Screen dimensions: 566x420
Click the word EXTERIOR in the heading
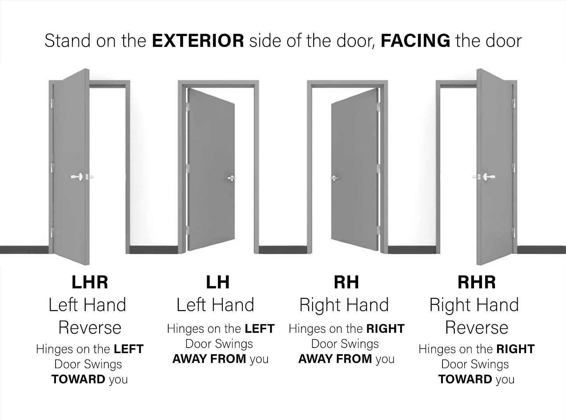click(198, 41)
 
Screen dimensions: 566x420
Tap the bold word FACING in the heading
click(416, 41)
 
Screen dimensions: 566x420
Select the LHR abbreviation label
click(90, 282)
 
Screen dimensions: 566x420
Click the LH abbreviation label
click(218, 282)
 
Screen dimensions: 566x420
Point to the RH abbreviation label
click(346, 282)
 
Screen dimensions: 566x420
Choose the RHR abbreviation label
click(477, 282)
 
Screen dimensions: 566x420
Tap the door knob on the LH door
click(232, 178)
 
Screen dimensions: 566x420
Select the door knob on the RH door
click(334, 178)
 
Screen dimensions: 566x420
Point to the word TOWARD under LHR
click(78, 379)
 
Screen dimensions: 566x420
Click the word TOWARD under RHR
click(465, 379)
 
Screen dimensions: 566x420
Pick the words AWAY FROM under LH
click(209, 359)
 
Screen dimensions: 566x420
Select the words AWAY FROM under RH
click(335, 359)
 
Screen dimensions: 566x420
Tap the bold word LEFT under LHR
click(129, 349)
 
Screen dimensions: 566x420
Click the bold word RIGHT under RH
click(385, 329)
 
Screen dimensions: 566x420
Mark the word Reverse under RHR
click(477, 328)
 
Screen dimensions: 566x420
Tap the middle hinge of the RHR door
click(514, 168)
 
